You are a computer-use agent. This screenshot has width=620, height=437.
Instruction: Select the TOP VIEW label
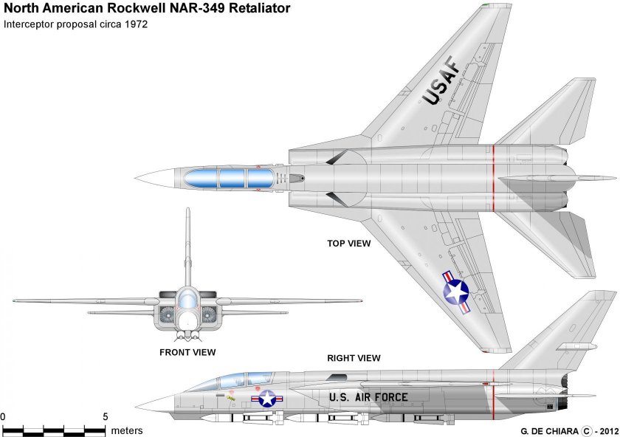(x=349, y=242)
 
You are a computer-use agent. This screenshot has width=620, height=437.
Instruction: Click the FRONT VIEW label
(x=187, y=352)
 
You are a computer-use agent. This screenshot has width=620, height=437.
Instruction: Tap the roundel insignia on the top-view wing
(x=455, y=292)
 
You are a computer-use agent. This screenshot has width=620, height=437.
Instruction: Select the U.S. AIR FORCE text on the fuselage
(x=368, y=397)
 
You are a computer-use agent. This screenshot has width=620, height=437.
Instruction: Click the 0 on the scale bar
(x=3, y=417)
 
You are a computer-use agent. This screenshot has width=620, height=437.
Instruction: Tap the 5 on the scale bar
(x=105, y=417)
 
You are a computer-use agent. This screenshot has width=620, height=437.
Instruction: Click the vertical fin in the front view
(x=187, y=244)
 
